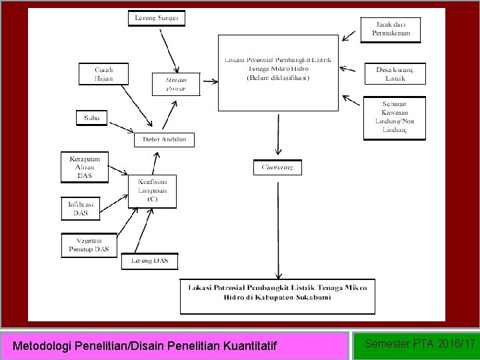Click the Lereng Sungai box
pyautogui.click(x=157, y=18)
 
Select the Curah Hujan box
pyautogui.click(x=103, y=73)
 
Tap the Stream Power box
pyautogui.click(x=176, y=84)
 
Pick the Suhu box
pyautogui.click(x=91, y=117)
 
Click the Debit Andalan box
pyautogui.click(x=165, y=140)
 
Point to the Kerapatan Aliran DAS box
pyautogui.click(x=85, y=167)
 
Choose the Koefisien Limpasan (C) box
pyautogui.click(x=153, y=191)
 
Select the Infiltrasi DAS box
pyautogui.click(x=80, y=209)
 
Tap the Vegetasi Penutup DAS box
pyautogui.click(x=89, y=245)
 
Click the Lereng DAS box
pyautogui.click(x=149, y=261)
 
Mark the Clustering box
pyautogui.click(x=277, y=167)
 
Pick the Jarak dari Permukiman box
pyautogui.click(x=391, y=29)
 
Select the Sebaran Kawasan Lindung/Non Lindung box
pyautogui.click(x=394, y=117)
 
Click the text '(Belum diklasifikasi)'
pyautogui.click(x=278, y=78)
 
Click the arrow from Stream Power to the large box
pyautogui.click(x=209, y=82)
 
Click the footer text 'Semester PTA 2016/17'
pyautogui.click(x=420, y=344)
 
